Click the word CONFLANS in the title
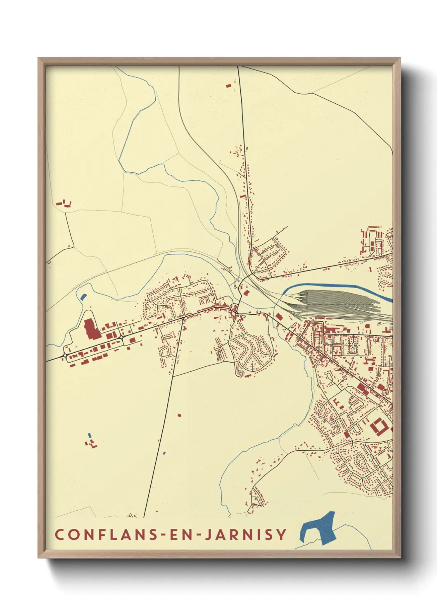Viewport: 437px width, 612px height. [105, 534]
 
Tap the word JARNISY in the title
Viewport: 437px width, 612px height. [245, 534]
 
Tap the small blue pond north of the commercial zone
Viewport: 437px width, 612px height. [84, 296]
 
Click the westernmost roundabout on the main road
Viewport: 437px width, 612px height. [65, 355]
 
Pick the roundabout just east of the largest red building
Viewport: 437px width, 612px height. [121, 338]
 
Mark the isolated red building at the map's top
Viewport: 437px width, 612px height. [228, 86]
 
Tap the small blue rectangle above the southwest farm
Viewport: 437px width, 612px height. [89, 435]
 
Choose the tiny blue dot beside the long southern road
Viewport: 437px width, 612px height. [164, 453]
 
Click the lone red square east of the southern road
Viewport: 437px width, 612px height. [179, 415]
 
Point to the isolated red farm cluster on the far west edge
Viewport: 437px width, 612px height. [64, 203]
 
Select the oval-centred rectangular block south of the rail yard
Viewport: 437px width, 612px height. [354, 344]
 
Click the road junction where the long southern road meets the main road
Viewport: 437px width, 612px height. [183, 318]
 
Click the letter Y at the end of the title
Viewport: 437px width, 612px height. [282, 534]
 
